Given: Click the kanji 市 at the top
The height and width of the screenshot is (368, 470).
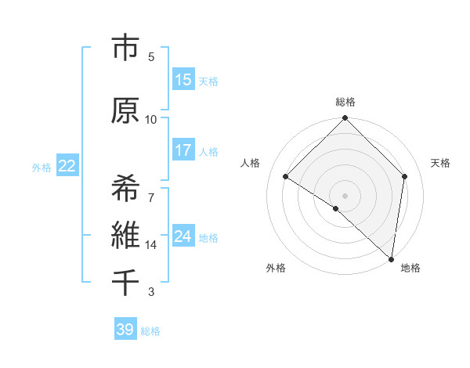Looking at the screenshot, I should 125,49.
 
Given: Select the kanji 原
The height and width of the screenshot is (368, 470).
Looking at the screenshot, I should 125,110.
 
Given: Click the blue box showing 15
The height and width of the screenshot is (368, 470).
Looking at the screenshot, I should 183,80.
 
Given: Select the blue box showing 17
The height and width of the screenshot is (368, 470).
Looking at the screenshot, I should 183,150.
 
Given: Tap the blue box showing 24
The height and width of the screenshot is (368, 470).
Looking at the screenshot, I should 183,236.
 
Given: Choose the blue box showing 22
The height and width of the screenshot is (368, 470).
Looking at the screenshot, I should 67,166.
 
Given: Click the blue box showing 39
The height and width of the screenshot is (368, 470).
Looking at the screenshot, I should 125,330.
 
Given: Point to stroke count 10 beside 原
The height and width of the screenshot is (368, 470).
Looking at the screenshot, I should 151,119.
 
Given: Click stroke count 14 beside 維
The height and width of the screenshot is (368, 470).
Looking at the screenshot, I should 151,245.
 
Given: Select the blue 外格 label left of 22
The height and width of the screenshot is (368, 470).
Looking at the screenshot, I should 42,167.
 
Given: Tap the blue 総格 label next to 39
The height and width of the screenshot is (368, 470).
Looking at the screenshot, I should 150,331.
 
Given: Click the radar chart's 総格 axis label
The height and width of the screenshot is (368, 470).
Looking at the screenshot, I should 345,102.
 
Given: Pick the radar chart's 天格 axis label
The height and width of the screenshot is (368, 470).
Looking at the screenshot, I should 440,163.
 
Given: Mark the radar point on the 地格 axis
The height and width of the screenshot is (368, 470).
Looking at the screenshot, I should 392,259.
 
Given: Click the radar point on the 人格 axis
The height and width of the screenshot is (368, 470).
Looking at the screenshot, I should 286,177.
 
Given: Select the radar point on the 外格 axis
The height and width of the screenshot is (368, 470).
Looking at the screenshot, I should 336,208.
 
